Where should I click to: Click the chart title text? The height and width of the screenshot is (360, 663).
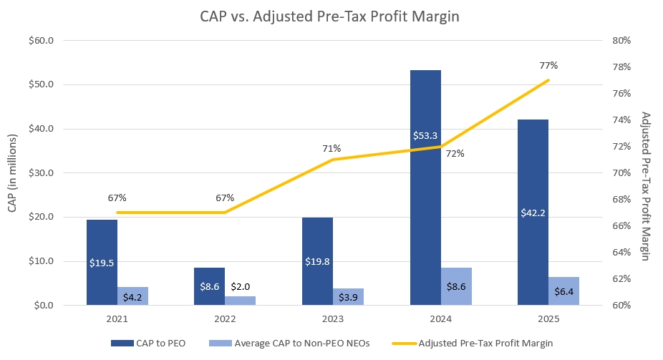pyautogui.click(x=331, y=16)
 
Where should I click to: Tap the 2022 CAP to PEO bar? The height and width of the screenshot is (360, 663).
pyautogui.click(x=210, y=286)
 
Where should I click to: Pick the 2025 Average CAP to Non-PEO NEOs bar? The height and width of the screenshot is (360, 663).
pyautogui.click(x=564, y=291)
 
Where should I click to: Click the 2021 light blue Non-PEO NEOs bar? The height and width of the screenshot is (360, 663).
pyautogui.click(x=133, y=296)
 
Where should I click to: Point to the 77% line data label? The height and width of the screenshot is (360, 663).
pyautogui.click(x=548, y=65)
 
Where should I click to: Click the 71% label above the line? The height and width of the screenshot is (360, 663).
pyautogui.click(x=331, y=148)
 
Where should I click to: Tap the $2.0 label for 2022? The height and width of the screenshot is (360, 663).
pyautogui.click(x=241, y=286)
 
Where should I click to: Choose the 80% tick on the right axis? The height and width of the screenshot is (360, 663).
pyautogui.click(x=621, y=41)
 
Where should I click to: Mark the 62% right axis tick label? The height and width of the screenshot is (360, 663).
pyautogui.click(x=621, y=279)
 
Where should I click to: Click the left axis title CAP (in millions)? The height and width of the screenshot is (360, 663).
pyautogui.click(x=12, y=173)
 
